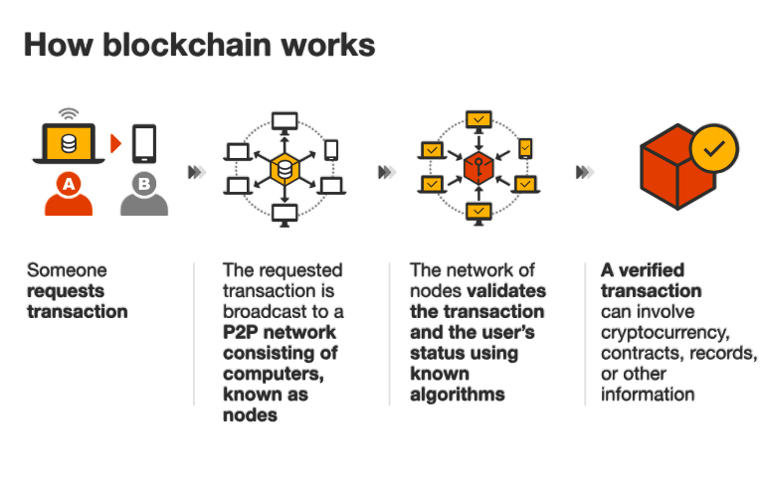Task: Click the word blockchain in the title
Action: click(x=188, y=45)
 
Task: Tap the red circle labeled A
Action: click(x=69, y=184)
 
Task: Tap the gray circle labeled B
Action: click(x=144, y=184)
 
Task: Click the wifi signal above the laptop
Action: click(x=69, y=114)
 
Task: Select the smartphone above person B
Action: click(x=144, y=143)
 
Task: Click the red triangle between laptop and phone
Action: click(x=115, y=143)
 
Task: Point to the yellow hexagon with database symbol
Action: click(x=285, y=169)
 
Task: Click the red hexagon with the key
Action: click(x=478, y=168)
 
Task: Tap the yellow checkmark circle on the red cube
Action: click(x=714, y=149)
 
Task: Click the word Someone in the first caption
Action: click(x=67, y=270)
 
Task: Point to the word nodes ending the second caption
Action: click(x=250, y=415)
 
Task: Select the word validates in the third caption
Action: click(x=505, y=291)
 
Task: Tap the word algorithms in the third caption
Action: click(x=458, y=395)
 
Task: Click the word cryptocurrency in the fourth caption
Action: click(x=665, y=333)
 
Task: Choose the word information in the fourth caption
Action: click(x=648, y=395)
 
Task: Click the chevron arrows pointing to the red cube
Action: click(x=585, y=172)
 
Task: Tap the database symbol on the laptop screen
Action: click(x=69, y=144)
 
